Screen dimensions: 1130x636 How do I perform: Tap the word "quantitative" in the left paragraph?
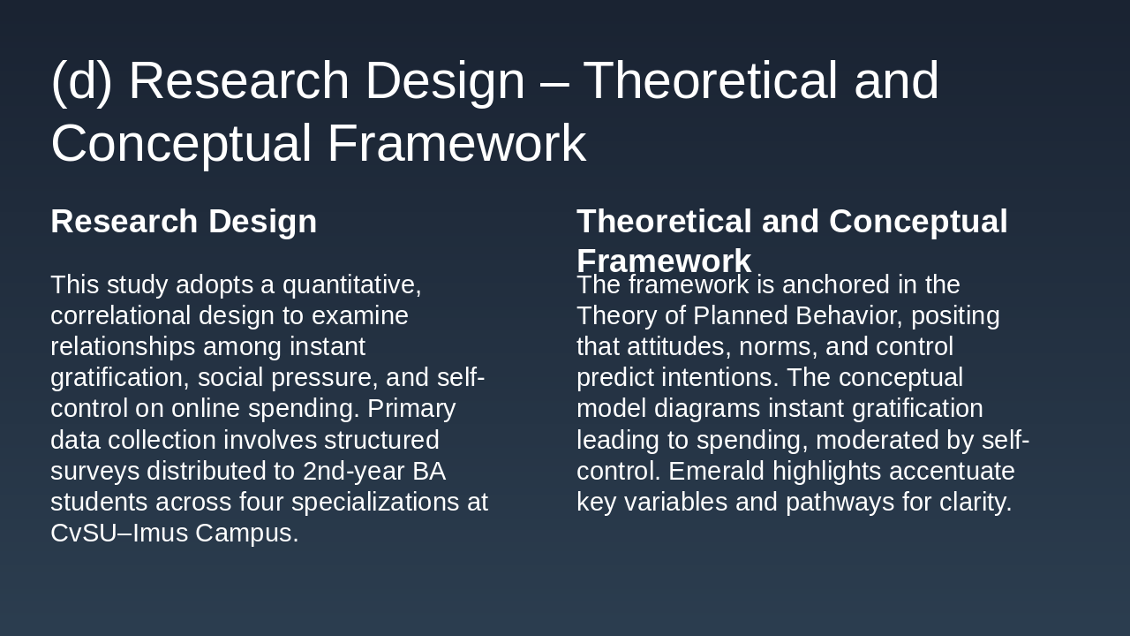point(351,285)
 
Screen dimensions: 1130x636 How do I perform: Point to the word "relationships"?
point(123,348)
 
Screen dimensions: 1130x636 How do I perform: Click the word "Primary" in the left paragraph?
point(411,409)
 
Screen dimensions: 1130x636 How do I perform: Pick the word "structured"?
point(381,440)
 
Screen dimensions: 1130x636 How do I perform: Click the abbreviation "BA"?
point(429,472)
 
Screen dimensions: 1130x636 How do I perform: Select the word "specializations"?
point(375,503)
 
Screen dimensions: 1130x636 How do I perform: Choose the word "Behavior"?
point(849,316)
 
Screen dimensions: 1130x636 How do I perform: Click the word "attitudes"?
point(679,347)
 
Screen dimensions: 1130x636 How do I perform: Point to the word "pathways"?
point(840,503)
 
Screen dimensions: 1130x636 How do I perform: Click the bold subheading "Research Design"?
point(184,222)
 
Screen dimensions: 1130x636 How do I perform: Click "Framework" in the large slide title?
point(457,143)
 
